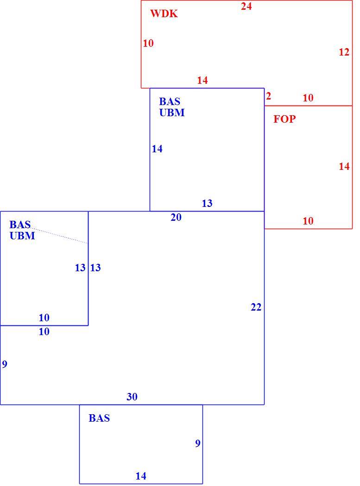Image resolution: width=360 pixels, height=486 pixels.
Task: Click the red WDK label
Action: pyautogui.click(x=164, y=13)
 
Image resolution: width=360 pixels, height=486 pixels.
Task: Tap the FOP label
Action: pyautogui.click(x=284, y=119)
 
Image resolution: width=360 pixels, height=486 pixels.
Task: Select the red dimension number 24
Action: pyautogui.click(x=246, y=6)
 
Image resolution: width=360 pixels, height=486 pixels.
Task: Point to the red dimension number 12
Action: pyautogui.click(x=344, y=52)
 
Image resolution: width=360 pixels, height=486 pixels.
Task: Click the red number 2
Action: pyautogui.click(x=268, y=96)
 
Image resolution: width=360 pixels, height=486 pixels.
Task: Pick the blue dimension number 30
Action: pyautogui.click(x=132, y=397)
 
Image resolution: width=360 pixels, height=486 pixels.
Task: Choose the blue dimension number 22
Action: pyautogui.click(x=256, y=307)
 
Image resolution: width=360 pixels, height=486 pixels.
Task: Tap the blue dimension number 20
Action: pyautogui.click(x=176, y=218)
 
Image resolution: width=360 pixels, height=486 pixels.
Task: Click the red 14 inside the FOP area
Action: pyautogui.click(x=344, y=167)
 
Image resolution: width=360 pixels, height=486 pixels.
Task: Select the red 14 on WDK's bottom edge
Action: pyautogui.click(x=202, y=81)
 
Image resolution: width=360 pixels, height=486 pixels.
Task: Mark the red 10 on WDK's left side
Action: pyautogui.click(x=148, y=44)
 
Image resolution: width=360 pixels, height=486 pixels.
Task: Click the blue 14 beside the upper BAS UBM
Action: pyautogui.click(x=157, y=149)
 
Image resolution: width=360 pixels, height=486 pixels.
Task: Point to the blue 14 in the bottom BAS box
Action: pyautogui.click(x=141, y=476)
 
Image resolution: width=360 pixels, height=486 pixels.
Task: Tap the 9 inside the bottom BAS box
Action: pyautogui.click(x=198, y=443)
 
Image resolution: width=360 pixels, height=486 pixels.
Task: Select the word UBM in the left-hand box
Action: pyautogui.click(x=22, y=236)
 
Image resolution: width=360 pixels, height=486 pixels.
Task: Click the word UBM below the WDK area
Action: pyautogui.click(x=172, y=112)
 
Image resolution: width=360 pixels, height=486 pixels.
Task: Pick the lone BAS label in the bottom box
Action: pyautogui.click(x=99, y=418)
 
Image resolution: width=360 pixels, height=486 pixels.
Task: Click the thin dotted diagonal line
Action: pyautogui.click(x=59, y=236)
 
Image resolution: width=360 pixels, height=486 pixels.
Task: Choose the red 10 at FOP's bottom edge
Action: pyautogui.click(x=308, y=221)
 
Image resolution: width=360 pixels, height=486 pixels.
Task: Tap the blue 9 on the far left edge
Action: pyautogui.click(x=4, y=364)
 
